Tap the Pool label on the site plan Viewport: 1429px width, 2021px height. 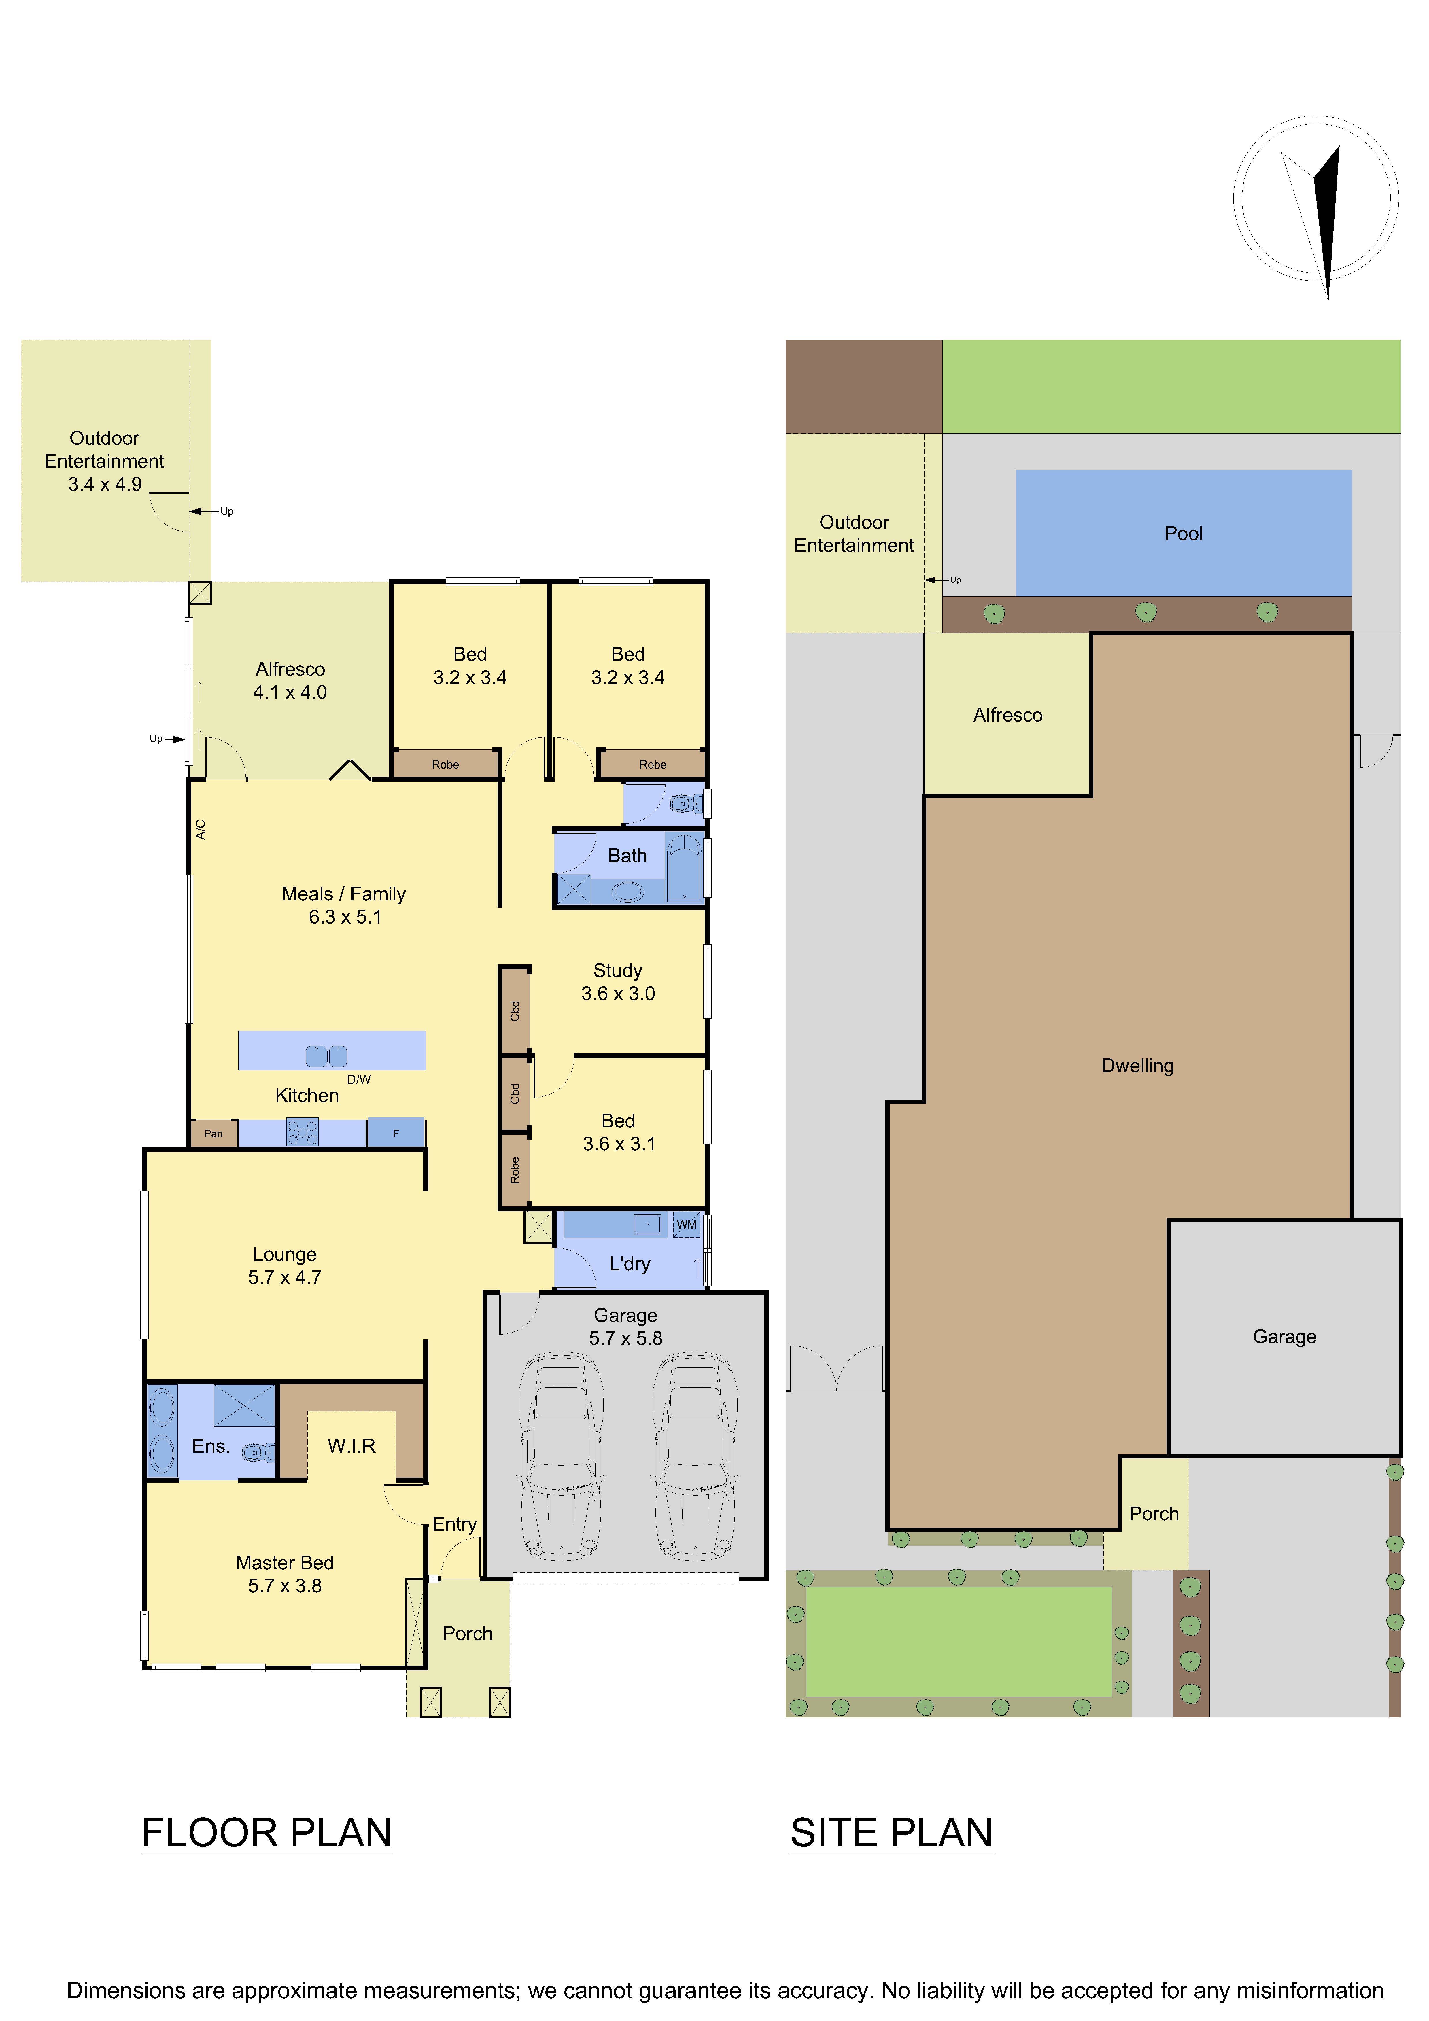tap(1183, 533)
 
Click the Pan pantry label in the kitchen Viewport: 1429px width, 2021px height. tap(213, 1134)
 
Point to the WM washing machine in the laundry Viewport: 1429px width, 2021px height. tap(687, 1225)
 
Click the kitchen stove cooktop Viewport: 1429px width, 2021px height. tap(302, 1133)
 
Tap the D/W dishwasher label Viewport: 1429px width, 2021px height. tap(358, 1079)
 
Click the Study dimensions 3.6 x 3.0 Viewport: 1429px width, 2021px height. tap(618, 994)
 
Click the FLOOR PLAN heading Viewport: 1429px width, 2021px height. tap(267, 1833)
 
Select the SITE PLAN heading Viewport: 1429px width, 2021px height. tap(892, 1833)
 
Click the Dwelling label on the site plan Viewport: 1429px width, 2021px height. tap(1137, 1066)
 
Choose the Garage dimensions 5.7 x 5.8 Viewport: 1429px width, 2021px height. tap(626, 1338)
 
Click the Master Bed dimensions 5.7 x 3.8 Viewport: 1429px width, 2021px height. tap(284, 1585)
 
